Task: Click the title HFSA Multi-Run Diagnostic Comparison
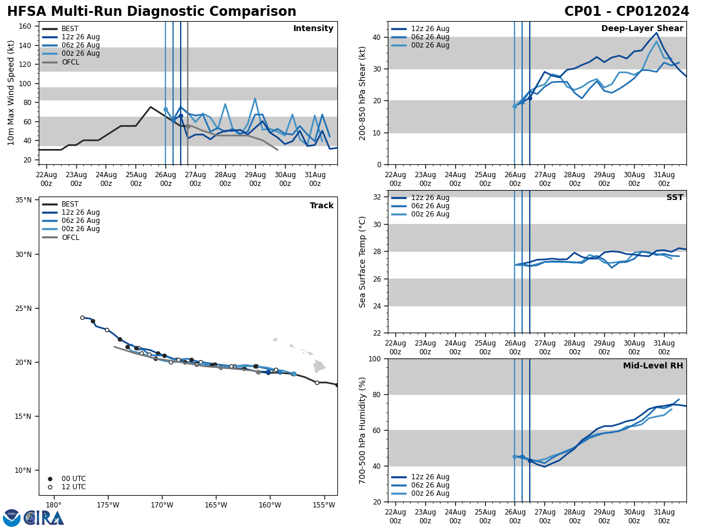coord(151,12)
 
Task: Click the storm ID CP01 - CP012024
coord(627,12)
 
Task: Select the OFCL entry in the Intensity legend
coord(71,62)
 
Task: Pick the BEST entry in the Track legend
coord(70,204)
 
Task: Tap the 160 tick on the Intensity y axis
coord(25,26)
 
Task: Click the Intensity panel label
coord(313,29)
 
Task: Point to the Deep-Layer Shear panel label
coord(642,29)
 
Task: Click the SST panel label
coord(675,198)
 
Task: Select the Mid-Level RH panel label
coord(653,366)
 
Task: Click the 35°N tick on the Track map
coord(23,200)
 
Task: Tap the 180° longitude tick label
coord(53,505)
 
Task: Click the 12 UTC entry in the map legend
coord(73,487)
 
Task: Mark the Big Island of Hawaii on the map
coord(319,366)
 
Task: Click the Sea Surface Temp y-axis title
coord(363,262)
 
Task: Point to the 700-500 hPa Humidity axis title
coord(363,431)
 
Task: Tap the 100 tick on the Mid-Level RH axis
coord(374,358)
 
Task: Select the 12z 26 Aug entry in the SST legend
coord(430,198)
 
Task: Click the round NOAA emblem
coord(12,518)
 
